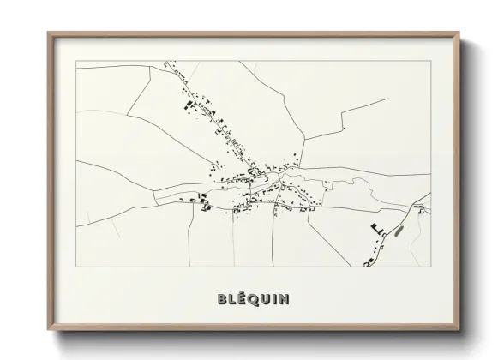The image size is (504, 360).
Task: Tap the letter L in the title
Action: point(225,299)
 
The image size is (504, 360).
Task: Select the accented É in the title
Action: point(235,299)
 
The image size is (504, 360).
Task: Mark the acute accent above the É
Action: point(236,292)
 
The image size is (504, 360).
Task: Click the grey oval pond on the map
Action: point(397,230)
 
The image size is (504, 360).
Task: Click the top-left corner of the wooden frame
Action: point(48,33)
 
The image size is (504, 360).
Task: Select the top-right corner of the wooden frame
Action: point(459,33)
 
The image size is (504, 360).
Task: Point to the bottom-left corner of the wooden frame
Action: point(48,330)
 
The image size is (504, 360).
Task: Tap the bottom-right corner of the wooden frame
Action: point(459,330)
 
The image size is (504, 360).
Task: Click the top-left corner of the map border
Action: point(76,61)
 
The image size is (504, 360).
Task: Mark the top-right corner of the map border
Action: point(430,61)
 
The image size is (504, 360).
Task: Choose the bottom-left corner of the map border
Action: point(76,267)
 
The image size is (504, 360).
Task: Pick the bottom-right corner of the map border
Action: point(430,267)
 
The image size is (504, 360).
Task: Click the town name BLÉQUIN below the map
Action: point(248,299)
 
